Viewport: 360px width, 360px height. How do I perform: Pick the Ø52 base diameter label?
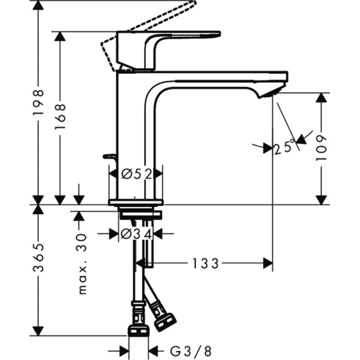(136, 174)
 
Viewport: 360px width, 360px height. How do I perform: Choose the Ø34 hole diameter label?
(136, 234)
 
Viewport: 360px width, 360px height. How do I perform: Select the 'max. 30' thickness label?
(82, 265)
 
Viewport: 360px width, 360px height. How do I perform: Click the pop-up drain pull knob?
(110, 157)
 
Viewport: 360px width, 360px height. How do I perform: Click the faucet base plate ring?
(136, 202)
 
